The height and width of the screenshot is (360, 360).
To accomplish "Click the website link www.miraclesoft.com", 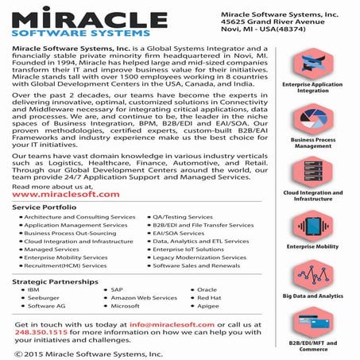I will coord(66,194).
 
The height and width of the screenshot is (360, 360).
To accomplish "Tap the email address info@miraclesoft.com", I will coord(172,324).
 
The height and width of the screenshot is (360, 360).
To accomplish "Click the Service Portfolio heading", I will coord(45,207).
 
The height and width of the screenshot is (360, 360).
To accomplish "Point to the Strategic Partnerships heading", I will coord(53,281).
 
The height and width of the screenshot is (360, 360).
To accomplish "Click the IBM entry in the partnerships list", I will coord(33,290).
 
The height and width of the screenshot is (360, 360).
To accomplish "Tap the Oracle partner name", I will coord(207,290).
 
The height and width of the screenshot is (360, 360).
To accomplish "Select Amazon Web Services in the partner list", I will coord(143,298).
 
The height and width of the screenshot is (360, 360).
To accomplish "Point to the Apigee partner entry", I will coord(207,306).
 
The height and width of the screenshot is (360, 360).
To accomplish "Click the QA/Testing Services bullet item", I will coord(178,217).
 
